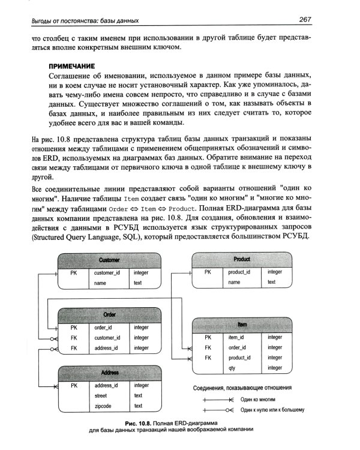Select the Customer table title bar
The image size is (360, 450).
point(109,260)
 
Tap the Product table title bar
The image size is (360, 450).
point(242,259)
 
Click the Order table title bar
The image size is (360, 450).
point(109,315)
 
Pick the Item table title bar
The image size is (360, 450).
point(242,325)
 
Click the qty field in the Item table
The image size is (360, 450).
point(233,367)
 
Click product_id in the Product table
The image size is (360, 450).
point(239,272)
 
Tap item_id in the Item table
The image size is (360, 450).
point(236,337)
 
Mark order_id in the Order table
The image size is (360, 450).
point(104,328)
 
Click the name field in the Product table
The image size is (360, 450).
point(234,282)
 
